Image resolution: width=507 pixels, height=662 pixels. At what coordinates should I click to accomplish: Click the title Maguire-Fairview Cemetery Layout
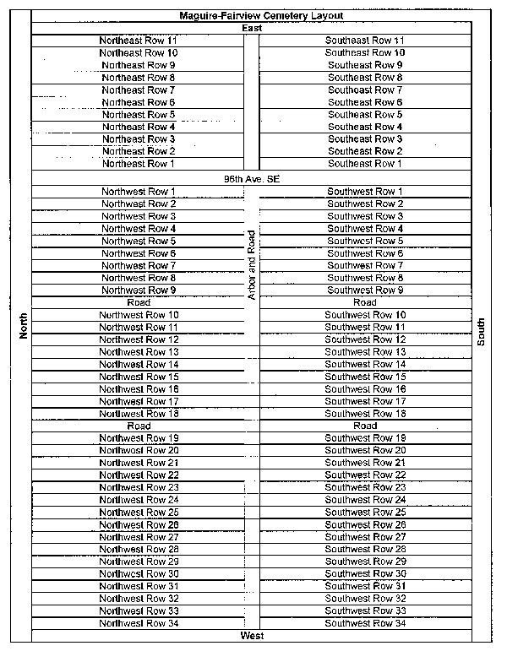(250, 16)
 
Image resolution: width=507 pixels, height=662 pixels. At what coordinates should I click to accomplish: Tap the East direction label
(251, 29)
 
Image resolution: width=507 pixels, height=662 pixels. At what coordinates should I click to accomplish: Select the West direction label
(251, 635)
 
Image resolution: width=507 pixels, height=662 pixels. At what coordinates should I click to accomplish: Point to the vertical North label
(23, 326)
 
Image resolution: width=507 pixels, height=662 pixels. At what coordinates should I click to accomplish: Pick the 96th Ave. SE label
(251, 179)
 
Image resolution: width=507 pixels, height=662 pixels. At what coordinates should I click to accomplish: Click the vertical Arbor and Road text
(251, 265)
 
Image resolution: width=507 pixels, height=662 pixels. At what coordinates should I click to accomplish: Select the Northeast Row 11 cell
(139, 41)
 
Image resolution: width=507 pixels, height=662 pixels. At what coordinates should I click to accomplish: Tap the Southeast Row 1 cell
(365, 164)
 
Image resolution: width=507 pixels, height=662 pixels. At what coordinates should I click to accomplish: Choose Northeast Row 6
(139, 102)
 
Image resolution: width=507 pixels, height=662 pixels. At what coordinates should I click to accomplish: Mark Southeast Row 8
(365, 78)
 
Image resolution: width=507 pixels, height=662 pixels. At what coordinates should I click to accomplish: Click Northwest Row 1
(139, 192)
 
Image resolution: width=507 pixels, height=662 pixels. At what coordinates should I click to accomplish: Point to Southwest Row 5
(365, 241)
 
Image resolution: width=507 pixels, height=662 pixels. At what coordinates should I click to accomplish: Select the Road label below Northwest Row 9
(139, 302)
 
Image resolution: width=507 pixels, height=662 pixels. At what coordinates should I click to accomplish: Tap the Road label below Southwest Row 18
(365, 426)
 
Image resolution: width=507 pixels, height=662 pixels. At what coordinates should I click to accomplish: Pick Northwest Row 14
(139, 364)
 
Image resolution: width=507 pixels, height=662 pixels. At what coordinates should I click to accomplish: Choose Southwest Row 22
(365, 475)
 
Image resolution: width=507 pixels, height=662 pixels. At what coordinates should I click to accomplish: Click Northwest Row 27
(139, 537)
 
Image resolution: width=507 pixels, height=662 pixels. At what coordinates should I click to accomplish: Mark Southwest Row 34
(365, 623)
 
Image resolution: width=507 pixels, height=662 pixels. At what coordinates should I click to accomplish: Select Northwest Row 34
(139, 623)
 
